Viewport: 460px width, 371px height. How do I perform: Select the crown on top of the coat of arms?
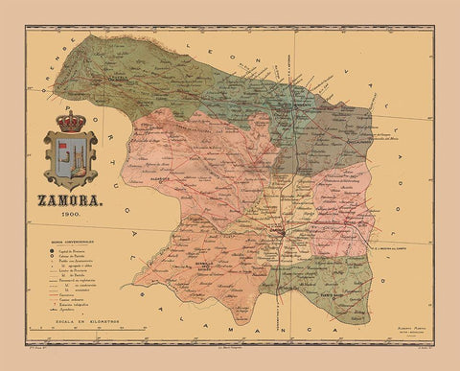(69, 122)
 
